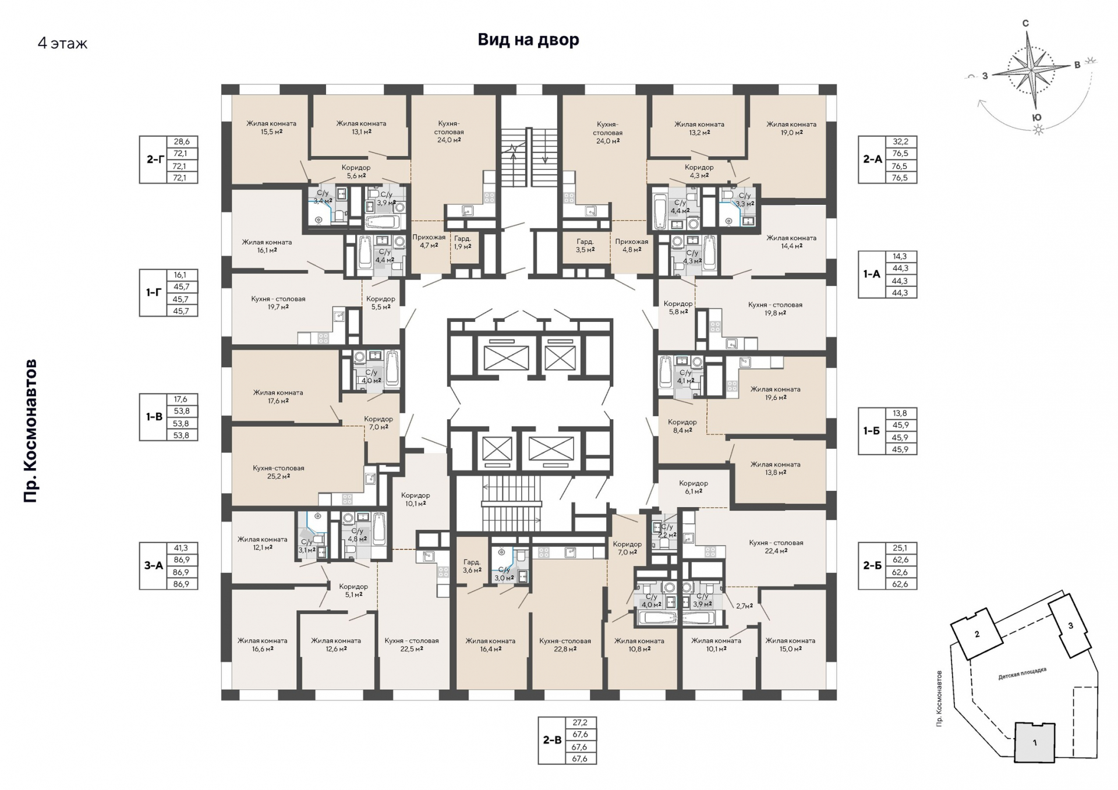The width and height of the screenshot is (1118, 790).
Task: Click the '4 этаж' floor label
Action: pos(62,44)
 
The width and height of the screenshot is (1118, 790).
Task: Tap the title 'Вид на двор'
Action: pos(528,40)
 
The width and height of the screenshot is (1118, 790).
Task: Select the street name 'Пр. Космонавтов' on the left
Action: pos(30,431)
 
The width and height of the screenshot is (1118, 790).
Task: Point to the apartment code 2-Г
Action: pos(154,159)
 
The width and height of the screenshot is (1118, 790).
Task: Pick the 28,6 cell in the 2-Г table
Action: pos(182,141)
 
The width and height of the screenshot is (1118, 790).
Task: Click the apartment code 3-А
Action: pos(154,565)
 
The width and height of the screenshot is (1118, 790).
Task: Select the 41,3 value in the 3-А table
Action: pos(181,548)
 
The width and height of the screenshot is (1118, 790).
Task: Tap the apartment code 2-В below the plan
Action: pos(552,741)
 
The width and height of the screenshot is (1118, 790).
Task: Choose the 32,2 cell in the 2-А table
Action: pos(900,141)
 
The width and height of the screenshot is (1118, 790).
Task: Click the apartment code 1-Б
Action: pos(872,431)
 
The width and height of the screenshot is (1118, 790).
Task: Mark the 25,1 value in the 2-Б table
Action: pos(900,548)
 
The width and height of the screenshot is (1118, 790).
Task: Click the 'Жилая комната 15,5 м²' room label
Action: pos(271,127)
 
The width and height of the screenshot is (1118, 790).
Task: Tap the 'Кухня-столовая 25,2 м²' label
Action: pos(278,472)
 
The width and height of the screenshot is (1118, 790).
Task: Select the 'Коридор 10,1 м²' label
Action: pos(415,499)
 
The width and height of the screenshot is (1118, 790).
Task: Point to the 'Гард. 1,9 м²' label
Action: pos(463,242)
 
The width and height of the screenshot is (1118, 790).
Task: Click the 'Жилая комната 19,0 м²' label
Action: pos(791,128)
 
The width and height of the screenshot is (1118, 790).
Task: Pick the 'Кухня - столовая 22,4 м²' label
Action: pos(776,546)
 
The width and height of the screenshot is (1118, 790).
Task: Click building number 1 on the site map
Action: pos(1035,743)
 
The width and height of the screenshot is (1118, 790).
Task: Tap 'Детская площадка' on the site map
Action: pos(1022,674)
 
